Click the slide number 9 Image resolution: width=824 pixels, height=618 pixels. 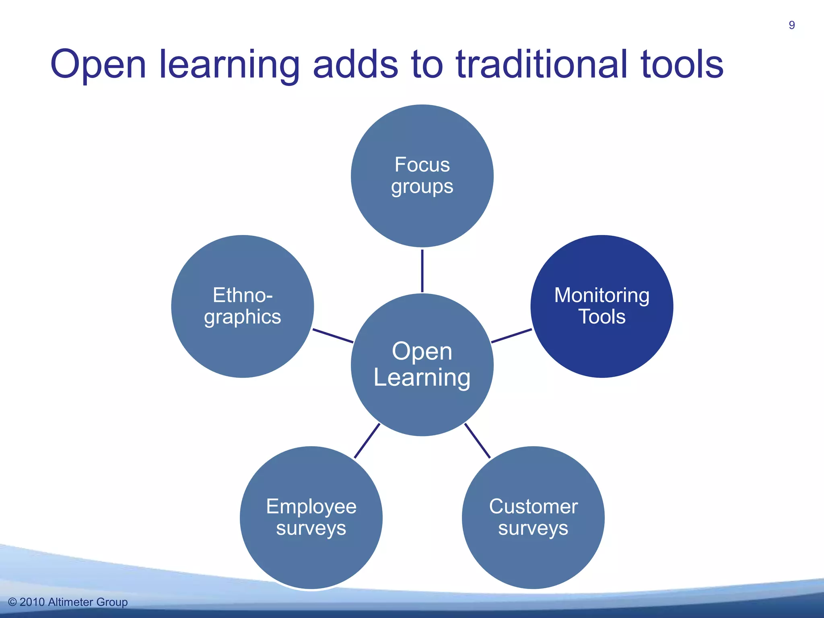pyautogui.click(x=791, y=25)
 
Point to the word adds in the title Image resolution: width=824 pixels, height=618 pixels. pyautogui.click(x=355, y=64)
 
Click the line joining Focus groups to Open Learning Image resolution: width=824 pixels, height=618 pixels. pyautogui.click(x=422, y=270)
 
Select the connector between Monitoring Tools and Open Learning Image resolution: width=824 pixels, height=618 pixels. pyautogui.click(x=511, y=336)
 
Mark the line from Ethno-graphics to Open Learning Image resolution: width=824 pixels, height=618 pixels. pyautogui.click(x=333, y=336)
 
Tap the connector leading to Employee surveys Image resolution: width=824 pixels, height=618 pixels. pyautogui.click(x=367, y=441)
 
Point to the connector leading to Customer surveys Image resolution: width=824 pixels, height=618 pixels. pyautogui.click(x=478, y=441)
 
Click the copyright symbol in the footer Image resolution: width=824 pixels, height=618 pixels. pyautogui.click(x=12, y=602)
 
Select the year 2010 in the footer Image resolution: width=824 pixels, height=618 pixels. pyautogui.click(x=32, y=602)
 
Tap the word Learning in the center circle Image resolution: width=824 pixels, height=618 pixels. pyautogui.click(x=422, y=378)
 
